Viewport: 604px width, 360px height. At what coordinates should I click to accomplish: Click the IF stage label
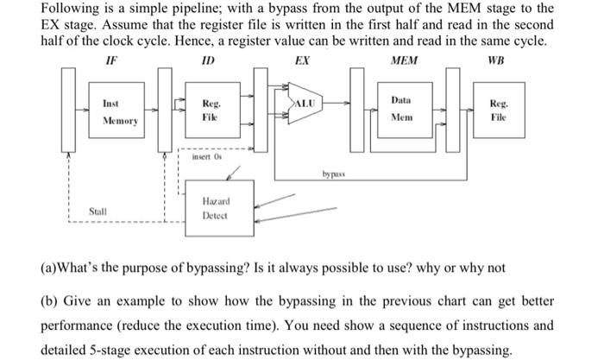(111, 61)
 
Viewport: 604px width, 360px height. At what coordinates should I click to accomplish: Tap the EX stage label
(302, 61)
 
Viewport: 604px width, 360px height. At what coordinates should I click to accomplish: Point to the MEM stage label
(403, 61)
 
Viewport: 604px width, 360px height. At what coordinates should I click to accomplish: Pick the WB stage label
(496, 61)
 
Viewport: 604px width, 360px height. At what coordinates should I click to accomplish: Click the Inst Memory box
(120, 113)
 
